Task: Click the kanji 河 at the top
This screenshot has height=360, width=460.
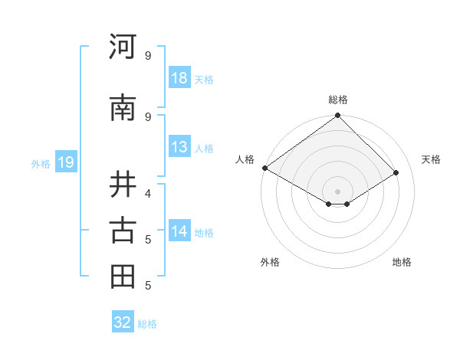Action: (123, 47)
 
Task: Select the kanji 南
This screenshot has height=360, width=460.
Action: (123, 108)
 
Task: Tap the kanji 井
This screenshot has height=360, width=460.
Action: (123, 184)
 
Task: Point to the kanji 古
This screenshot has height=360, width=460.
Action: (123, 230)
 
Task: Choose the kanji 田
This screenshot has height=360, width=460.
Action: (123, 277)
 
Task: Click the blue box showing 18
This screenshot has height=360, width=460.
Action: (179, 78)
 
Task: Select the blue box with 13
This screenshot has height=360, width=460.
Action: (179, 147)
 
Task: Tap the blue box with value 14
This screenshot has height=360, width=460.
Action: (179, 231)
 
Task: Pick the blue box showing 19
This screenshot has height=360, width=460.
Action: (65, 162)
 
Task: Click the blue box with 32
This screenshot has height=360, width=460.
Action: (123, 322)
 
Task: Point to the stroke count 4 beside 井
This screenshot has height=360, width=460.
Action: (147, 192)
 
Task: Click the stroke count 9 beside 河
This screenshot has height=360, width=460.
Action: (147, 55)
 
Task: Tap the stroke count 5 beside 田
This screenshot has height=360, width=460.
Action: (147, 286)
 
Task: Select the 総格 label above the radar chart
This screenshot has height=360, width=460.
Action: (337, 100)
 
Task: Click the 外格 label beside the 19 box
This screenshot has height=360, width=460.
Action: (41, 163)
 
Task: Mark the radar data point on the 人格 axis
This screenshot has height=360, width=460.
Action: (264, 168)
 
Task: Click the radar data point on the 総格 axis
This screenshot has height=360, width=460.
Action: (337, 116)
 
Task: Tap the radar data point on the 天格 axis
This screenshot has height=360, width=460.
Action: (396, 173)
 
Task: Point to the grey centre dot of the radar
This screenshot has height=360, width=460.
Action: (337, 191)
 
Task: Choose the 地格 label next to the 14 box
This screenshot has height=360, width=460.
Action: (204, 232)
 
